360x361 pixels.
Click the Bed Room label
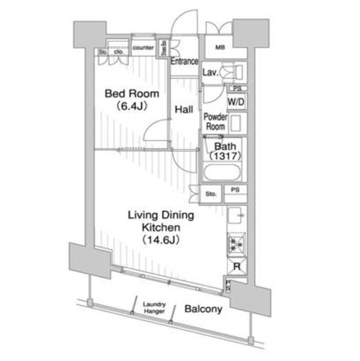click(132, 94)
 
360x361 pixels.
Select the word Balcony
click(203, 309)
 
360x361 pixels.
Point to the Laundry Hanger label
click(154, 306)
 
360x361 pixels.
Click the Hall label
click(184, 110)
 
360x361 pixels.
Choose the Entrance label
click(184, 61)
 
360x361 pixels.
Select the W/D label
click(235, 102)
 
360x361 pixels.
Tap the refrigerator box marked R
click(237, 267)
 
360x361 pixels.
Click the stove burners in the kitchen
click(237, 244)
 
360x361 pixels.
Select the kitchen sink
click(237, 215)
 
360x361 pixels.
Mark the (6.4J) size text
click(132, 105)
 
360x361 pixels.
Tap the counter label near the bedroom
click(144, 48)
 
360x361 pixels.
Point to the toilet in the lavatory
click(237, 72)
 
